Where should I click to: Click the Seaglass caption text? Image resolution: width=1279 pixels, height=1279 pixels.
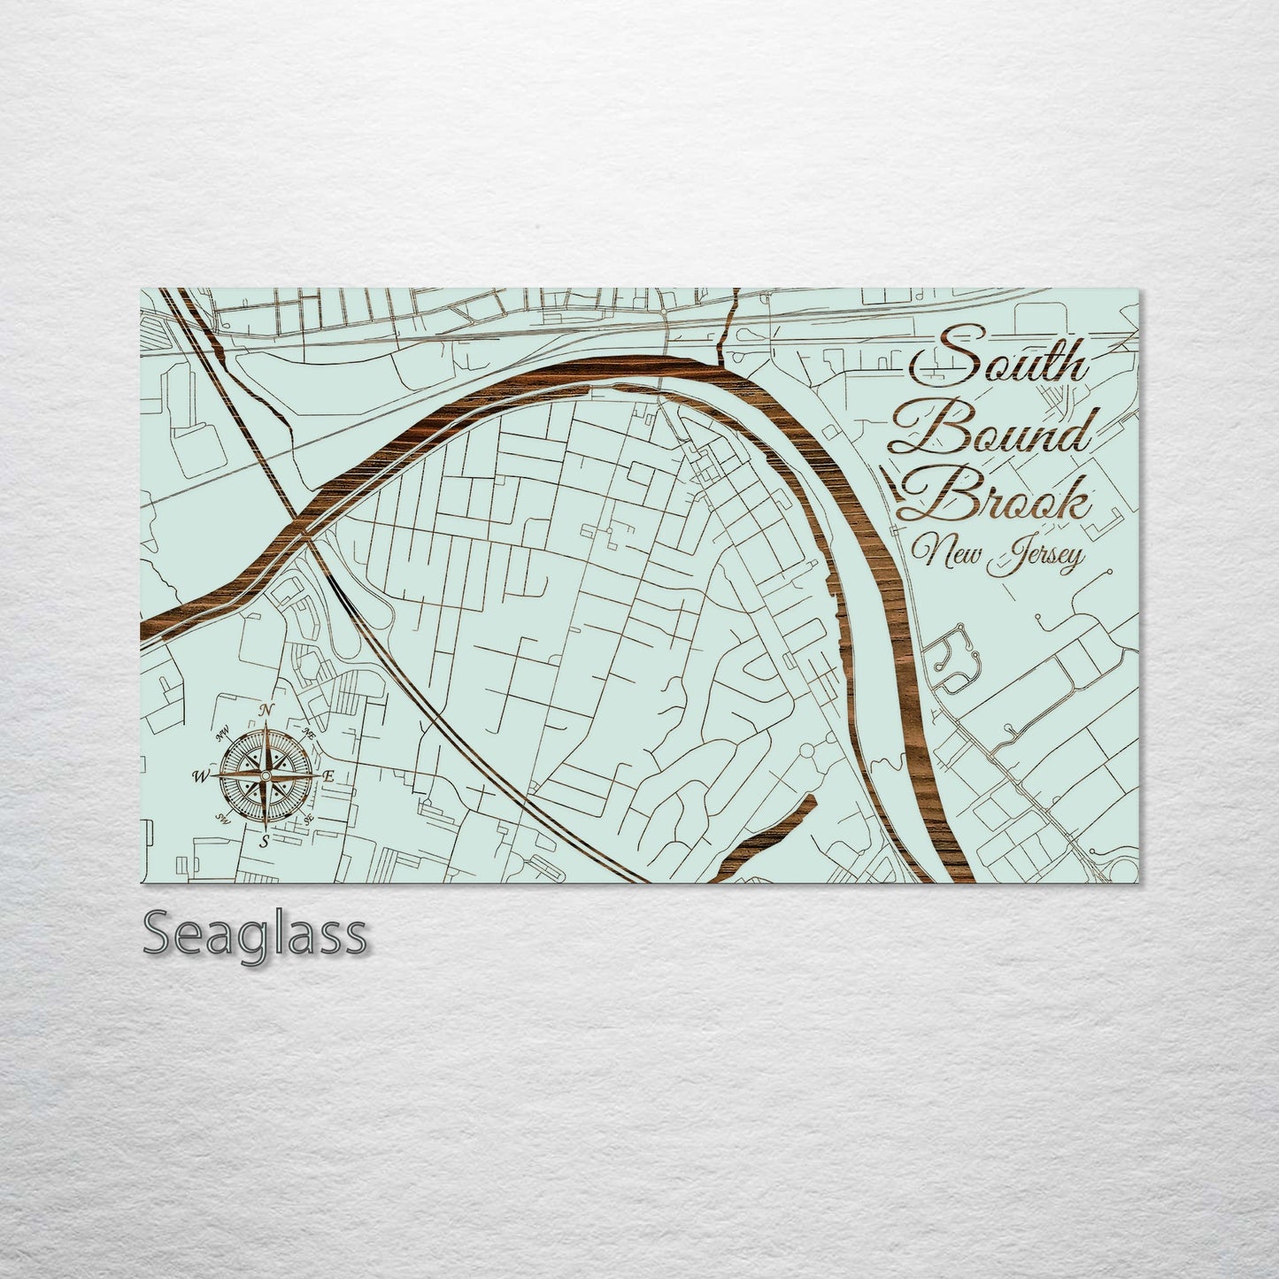(255, 933)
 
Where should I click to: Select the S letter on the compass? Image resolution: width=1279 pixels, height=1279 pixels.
(265, 841)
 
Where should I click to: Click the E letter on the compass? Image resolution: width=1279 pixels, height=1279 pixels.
(327, 776)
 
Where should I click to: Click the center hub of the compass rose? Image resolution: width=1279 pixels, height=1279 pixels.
(265, 775)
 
